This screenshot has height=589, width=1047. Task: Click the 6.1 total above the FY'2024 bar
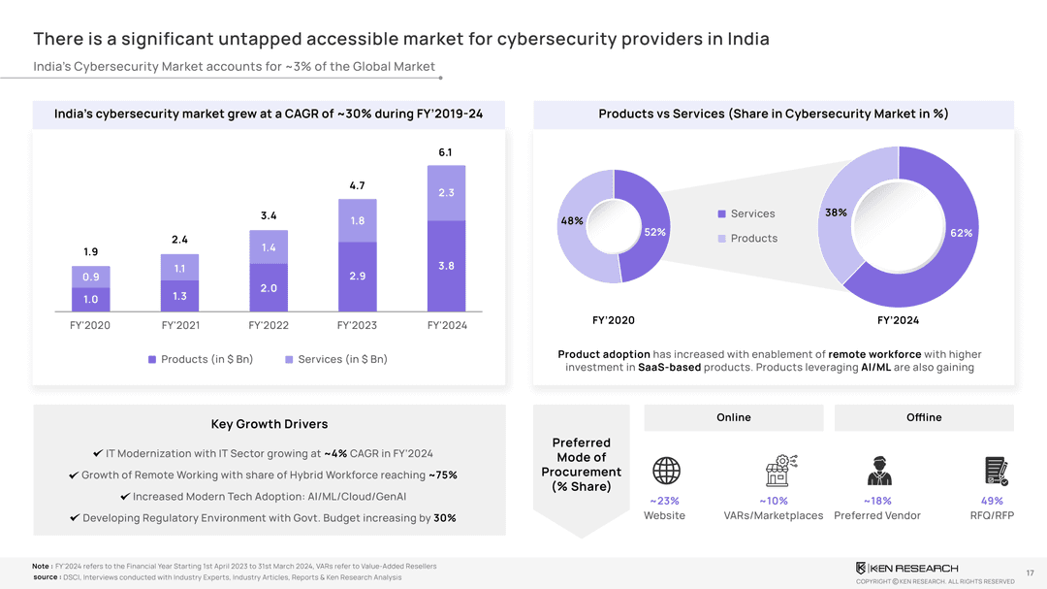(x=445, y=152)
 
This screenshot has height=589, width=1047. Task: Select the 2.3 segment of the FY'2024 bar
(x=446, y=193)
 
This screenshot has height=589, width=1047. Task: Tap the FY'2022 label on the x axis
(x=269, y=326)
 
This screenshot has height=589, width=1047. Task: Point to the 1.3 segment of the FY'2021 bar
(x=179, y=296)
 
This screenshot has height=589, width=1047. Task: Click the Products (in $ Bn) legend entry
(x=201, y=359)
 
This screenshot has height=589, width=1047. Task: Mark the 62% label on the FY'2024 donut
(x=961, y=233)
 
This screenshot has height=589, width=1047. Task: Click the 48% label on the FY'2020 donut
(x=571, y=220)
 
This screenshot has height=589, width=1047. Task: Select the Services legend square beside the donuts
(x=722, y=213)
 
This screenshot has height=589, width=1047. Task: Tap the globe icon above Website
(x=666, y=472)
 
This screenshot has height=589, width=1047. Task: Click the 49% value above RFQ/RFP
(x=992, y=501)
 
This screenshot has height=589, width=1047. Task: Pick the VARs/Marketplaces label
(x=773, y=515)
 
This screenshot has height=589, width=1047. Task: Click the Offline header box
(x=924, y=417)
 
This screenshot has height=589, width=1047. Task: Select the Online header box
(x=734, y=417)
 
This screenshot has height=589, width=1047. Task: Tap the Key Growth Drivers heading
(x=270, y=424)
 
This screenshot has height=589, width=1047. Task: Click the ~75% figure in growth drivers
(x=443, y=475)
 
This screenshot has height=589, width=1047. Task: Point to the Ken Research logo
(x=906, y=568)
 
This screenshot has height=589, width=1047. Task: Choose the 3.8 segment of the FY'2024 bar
(x=446, y=266)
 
